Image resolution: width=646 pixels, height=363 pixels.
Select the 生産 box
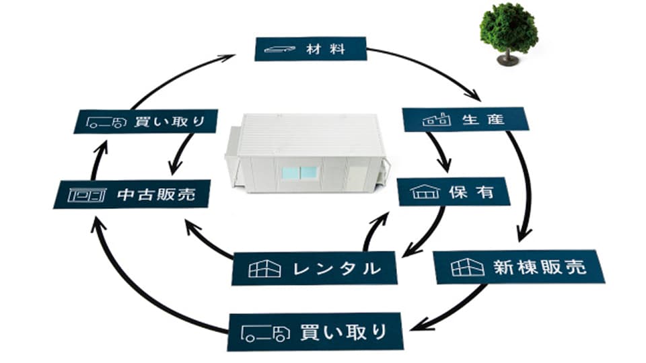click(465, 120)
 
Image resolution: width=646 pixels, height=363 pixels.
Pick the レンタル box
click(314, 269)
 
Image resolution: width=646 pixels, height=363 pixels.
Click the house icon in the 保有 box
click(424, 193)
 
